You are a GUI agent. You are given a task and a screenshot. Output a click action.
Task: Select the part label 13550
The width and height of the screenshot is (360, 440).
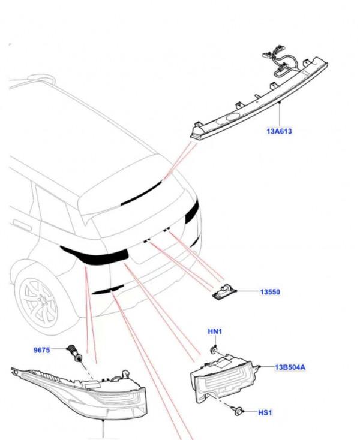270,292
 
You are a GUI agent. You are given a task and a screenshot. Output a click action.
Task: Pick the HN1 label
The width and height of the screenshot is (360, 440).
214,331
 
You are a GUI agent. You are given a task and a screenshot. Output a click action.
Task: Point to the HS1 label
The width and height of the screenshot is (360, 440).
265,413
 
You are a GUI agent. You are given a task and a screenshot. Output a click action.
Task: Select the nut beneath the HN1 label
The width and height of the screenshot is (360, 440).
214,348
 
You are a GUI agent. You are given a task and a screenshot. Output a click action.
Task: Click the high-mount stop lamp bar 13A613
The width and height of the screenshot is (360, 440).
258,99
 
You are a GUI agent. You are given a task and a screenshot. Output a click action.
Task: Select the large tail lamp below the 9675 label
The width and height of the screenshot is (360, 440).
90,393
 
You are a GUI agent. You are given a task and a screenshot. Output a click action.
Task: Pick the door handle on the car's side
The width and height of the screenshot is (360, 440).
22,226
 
